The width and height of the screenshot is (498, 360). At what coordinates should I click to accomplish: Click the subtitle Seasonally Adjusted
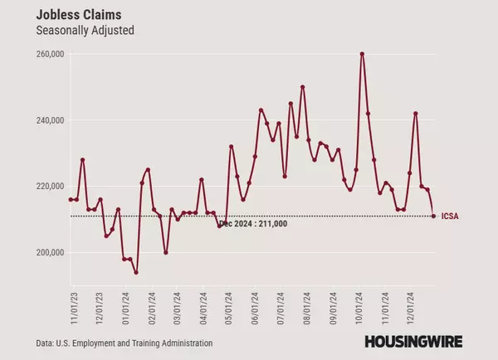(85, 31)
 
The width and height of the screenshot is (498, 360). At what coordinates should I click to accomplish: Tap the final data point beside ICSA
(433, 216)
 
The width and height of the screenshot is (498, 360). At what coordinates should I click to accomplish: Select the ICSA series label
(451, 216)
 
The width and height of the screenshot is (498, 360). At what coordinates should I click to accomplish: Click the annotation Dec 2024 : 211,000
(254, 224)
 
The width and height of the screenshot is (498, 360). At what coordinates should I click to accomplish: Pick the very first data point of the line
(71, 200)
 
